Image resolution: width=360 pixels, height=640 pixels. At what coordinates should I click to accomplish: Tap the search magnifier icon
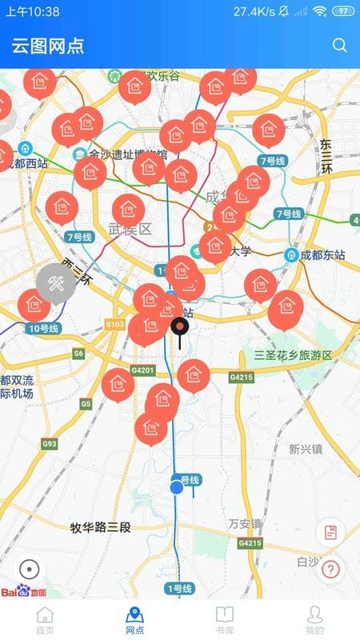pyautogui.click(x=340, y=45)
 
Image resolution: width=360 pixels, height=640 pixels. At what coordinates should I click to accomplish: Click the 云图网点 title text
pyautogui.click(x=48, y=46)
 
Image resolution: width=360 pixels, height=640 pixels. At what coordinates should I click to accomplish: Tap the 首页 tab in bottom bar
pyautogui.click(x=46, y=620)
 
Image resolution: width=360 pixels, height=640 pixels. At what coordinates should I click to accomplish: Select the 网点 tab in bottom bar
pyautogui.click(x=135, y=620)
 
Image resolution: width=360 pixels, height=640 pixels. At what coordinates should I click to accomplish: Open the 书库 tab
pyautogui.click(x=225, y=620)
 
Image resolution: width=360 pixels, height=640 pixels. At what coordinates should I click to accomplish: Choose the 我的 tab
pyautogui.click(x=314, y=620)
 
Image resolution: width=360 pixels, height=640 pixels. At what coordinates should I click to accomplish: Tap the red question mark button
pyautogui.click(x=330, y=570)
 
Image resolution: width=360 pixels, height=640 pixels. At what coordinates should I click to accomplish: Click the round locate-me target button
pyautogui.click(x=29, y=570)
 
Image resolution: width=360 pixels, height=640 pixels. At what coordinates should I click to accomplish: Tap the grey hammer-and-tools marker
pyautogui.click(x=55, y=283)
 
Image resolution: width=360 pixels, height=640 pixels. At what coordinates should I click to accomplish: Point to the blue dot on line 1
pyautogui.click(x=177, y=487)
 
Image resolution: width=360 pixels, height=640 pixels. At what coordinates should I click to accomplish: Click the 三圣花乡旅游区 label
pyautogui.click(x=293, y=355)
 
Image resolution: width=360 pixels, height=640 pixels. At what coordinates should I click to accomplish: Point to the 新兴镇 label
pyautogui.click(x=305, y=449)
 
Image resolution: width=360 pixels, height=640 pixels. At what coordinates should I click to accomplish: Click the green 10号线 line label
pyautogui.click(x=43, y=329)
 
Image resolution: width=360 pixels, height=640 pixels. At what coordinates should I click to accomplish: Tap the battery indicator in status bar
pyautogui.click(x=342, y=11)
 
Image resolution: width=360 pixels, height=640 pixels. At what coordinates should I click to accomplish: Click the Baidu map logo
pyautogui.click(x=22, y=593)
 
